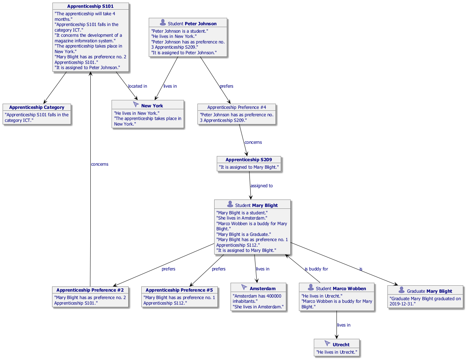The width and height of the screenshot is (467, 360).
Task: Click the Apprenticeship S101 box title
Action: (x=90, y=6)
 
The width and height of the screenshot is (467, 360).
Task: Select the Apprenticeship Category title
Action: (x=36, y=107)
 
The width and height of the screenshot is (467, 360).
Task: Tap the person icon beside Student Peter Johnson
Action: (x=162, y=23)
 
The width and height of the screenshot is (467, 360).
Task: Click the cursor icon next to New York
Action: (x=136, y=105)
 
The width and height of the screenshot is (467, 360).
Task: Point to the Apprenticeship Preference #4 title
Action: (x=236, y=107)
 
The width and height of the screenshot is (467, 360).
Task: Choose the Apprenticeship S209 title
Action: (x=249, y=160)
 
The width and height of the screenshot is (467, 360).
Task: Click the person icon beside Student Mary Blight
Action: (x=230, y=205)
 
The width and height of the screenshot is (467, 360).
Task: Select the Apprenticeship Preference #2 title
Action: (x=90, y=290)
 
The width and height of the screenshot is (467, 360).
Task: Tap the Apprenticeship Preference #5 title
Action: (x=179, y=290)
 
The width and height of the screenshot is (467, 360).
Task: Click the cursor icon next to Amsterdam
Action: (x=244, y=288)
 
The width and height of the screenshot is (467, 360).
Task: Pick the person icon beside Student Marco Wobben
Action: (x=310, y=288)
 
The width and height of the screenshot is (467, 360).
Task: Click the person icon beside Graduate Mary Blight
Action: (x=402, y=291)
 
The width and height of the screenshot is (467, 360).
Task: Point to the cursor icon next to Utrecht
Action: (x=327, y=344)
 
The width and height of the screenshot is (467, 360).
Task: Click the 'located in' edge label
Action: (x=138, y=86)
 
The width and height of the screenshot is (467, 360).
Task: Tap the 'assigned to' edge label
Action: (x=261, y=186)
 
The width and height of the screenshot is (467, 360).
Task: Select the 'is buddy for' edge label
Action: (x=316, y=269)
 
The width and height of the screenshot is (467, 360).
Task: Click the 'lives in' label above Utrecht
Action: (x=344, y=325)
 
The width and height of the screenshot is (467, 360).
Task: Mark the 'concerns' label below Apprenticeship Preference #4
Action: (x=253, y=142)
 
